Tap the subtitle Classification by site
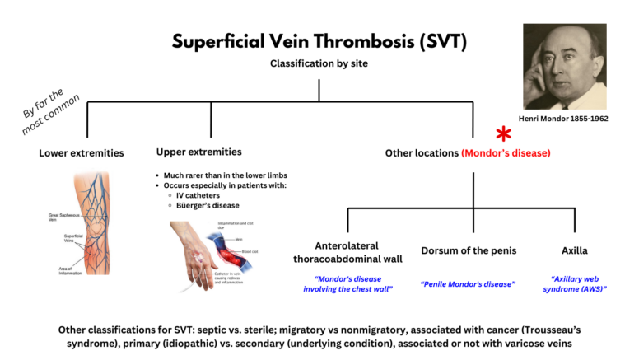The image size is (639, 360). tap(319, 64)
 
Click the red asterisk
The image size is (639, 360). tap(502, 135)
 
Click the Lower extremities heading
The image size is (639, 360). tap(82, 152)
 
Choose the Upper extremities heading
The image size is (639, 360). tap(198, 152)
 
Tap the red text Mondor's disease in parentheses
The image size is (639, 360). tap(506, 153)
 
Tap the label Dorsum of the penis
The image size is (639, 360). tap(468, 250)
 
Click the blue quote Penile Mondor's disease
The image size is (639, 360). tap(468, 283)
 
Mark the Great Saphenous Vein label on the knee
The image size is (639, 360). tap(60, 217)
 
